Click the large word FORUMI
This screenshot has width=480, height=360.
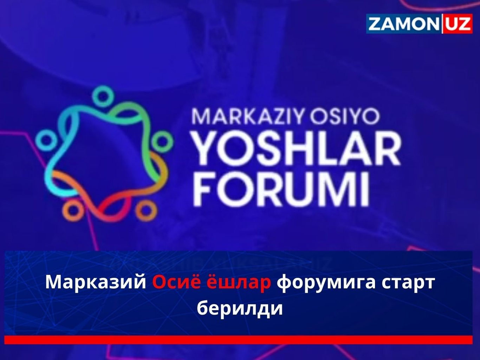coord(281,190)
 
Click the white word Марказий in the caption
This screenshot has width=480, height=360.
coord(96,282)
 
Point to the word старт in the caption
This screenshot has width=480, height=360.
coord(408,282)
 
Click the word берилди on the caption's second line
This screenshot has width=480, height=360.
coord(240,308)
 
